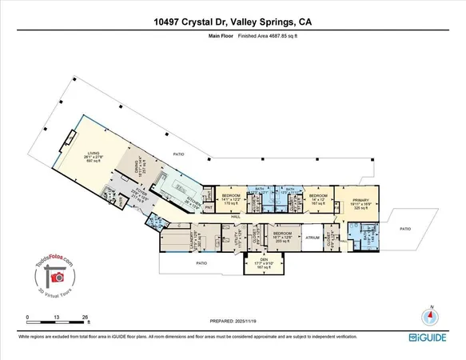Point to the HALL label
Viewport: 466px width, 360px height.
pyautogui.click(x=237, y=217)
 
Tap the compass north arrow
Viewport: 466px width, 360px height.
pyautogui.click(x=432, y=313)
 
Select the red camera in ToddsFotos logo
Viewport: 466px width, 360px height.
pyautogui.click(x=57, y=277)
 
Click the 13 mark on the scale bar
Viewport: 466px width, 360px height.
pyautogui.click(x=55, y=317)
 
